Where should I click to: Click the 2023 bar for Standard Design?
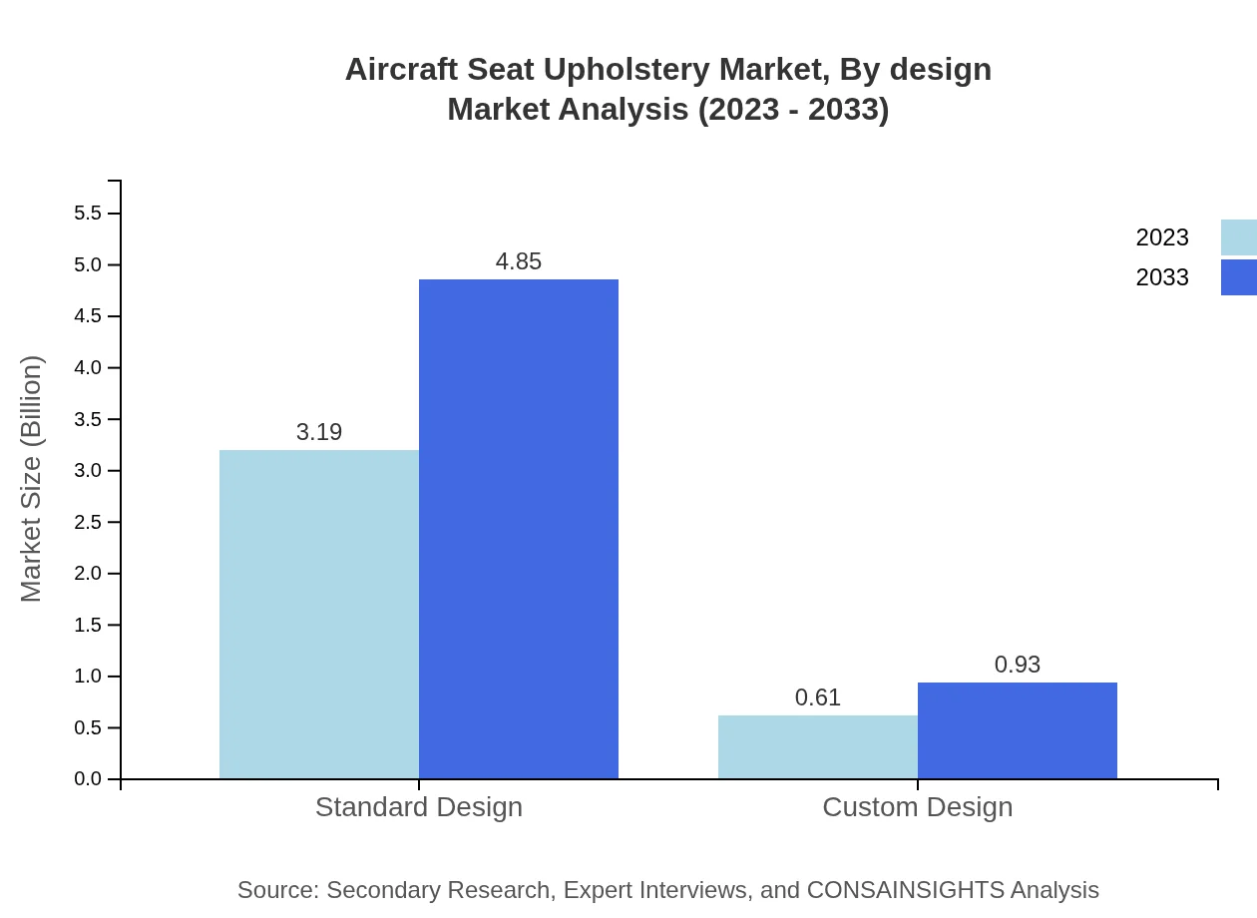coord(319,614)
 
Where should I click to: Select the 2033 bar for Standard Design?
coord(519,529)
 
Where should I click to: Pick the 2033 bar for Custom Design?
coord(1018,730)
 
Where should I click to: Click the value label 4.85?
coord(519,261)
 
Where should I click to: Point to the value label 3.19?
coord(319,432)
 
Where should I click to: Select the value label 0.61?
coord(818,697)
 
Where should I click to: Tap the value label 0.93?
coord(1018,665)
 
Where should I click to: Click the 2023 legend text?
coord(1162,237)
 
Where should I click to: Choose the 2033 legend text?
coord(1162,277)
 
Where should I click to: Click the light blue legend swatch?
coord(1239,237)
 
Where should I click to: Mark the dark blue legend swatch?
coord(1239,277)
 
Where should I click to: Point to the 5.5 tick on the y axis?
coord(88,214)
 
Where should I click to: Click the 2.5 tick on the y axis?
coord(88,522)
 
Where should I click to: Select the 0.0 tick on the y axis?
coord(88,779)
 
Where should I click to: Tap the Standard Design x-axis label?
coord(419,806)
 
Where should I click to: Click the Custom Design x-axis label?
coord(918,806)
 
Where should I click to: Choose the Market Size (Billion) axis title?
coord(31,479)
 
